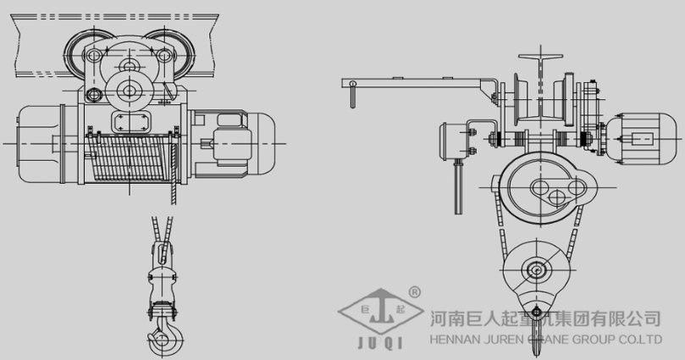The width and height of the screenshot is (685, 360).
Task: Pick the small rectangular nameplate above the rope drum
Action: point(130,120)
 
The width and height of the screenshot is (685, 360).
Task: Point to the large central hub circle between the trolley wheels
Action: point(130,89)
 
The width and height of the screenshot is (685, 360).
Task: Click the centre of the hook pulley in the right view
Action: point(538,271)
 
